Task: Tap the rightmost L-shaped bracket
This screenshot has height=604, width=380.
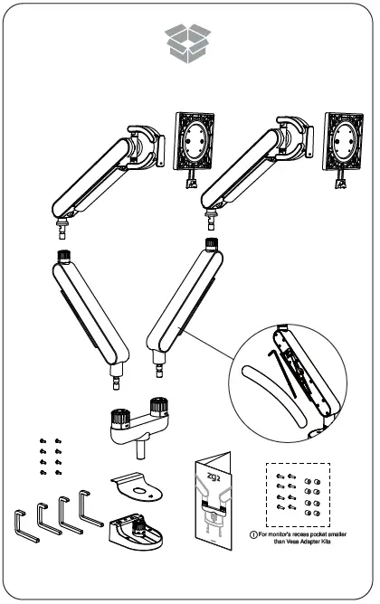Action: [x=90, y=508]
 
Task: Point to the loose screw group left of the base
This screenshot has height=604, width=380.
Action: [x=51, y=457]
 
